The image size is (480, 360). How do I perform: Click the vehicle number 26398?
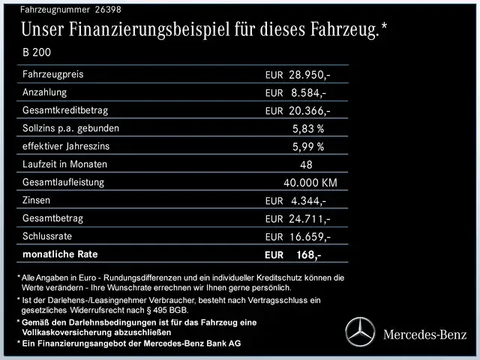[x=106, y=10]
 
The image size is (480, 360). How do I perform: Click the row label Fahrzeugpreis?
[x=53, y=74]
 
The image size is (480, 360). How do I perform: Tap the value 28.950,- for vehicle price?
[x=310, y=75]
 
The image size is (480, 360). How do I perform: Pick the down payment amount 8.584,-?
[x=307, y=93]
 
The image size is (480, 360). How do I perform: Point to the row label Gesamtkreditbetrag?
[x=66, y=110]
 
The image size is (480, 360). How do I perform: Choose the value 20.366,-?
[x=310, y=111]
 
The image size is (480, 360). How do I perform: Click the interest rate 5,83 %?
[x=308, y=129]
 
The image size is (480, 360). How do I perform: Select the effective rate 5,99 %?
[x=308, y=147]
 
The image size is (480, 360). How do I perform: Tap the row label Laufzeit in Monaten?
[x=65, y=164]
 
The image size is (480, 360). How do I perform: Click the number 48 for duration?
[x=305, y=165]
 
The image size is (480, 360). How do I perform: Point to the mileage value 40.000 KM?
[x=310, y=183]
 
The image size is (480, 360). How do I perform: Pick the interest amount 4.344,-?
[x=307, y=201]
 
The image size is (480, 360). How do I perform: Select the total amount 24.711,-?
[x=310, y=219]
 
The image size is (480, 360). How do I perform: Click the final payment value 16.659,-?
[x=310, y=237]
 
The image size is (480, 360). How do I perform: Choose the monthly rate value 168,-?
[x=308, y=255]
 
